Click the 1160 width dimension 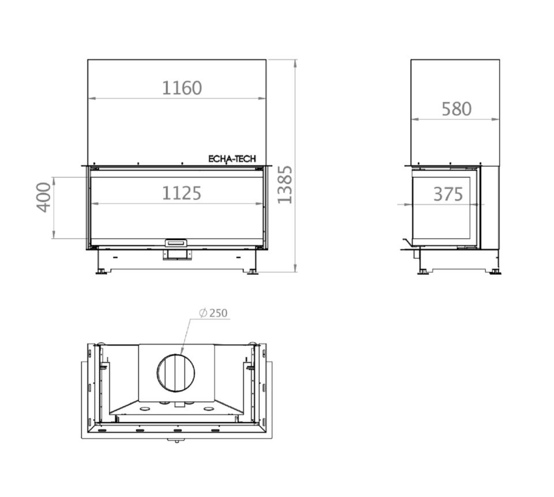182,88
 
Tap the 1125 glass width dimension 182,193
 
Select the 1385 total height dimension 285,185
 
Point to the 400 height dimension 44,197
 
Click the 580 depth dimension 456,109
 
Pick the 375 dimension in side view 448,194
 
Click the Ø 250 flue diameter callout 214,313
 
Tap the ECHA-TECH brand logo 232,159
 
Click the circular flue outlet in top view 175,372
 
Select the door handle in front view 177,243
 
